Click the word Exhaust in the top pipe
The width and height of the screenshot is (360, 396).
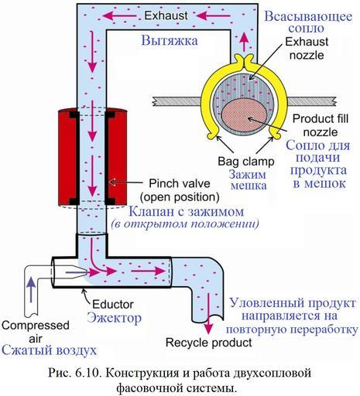click(166, 15)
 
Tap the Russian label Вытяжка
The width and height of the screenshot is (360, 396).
click(170, 41)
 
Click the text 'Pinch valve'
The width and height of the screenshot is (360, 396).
click(180, 183)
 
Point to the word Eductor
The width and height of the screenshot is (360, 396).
click(113, 305)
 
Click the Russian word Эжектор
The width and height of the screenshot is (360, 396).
click(115, 318)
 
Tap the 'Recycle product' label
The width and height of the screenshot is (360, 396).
click(208, 343)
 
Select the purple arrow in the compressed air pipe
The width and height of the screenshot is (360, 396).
click(31, 289)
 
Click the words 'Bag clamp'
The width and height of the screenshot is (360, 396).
click(246, 162)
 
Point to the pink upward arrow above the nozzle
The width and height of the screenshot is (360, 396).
click(245, 42)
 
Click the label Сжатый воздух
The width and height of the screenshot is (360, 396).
click(49, 350)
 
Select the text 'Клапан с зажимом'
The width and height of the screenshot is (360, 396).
click(186, 212)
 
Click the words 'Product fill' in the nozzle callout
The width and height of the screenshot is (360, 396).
click(321, 119)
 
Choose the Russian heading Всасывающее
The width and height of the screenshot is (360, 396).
click(308, 16)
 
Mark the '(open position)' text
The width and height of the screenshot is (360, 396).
click(180, 197)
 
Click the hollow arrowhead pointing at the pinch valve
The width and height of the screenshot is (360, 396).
click(111, 183)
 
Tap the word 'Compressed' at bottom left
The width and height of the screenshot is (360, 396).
click(36, 326)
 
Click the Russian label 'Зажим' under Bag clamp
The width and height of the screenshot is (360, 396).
click(248, 175)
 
